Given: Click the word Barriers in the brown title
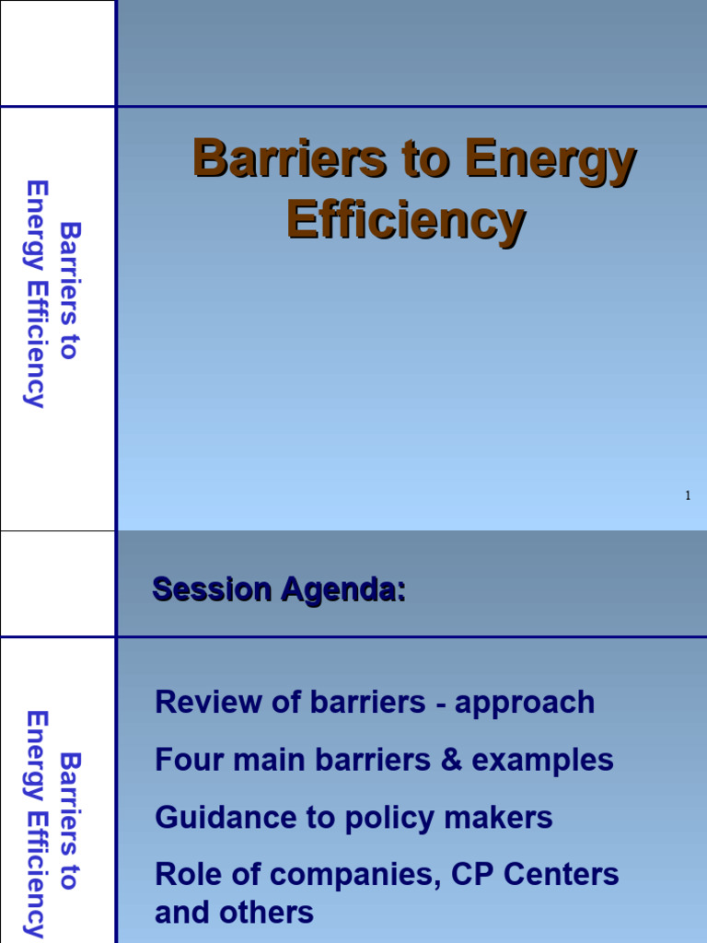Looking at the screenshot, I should tap(289, 159).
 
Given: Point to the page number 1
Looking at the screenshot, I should tap(687, 496).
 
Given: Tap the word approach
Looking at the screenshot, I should tap(525, 704).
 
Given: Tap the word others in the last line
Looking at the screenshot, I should tap(273, 914).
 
